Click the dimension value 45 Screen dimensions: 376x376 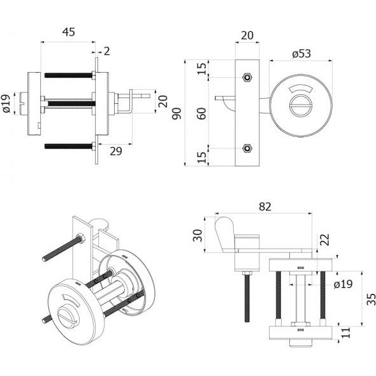tap(69, 32)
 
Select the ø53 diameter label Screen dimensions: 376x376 tap(301, 54)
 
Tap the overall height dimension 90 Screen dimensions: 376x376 tap(177, 114)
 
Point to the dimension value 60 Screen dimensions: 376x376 tap(203, 113)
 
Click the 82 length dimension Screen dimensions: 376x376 tap(264, 206)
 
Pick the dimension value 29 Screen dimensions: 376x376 tap(116, 151)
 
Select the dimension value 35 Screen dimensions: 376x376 tap(371, 299)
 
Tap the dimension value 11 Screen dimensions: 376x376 tap(346, 333)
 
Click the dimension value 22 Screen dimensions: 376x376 tap(325, 240)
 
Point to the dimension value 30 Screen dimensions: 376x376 tap(198, 236)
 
